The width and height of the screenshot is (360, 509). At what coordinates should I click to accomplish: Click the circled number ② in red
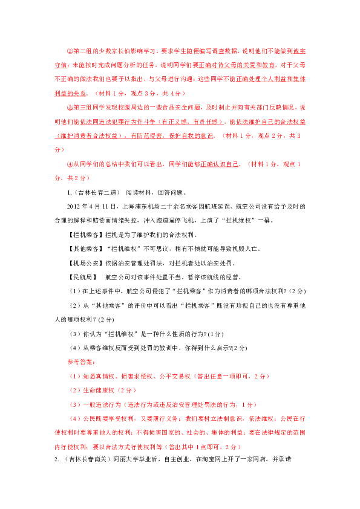coord(70,51)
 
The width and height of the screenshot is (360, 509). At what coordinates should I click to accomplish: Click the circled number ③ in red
coord(70,108)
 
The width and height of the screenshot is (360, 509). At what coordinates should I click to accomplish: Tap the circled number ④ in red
coord(70,164)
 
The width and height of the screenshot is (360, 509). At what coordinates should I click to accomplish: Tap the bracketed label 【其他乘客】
coord(85,249)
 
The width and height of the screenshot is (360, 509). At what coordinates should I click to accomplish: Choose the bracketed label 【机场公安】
coord(85,263)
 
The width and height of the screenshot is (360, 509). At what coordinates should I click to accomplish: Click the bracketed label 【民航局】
coord(82,277)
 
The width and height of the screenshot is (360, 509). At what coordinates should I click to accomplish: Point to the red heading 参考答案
coord(80,362)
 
